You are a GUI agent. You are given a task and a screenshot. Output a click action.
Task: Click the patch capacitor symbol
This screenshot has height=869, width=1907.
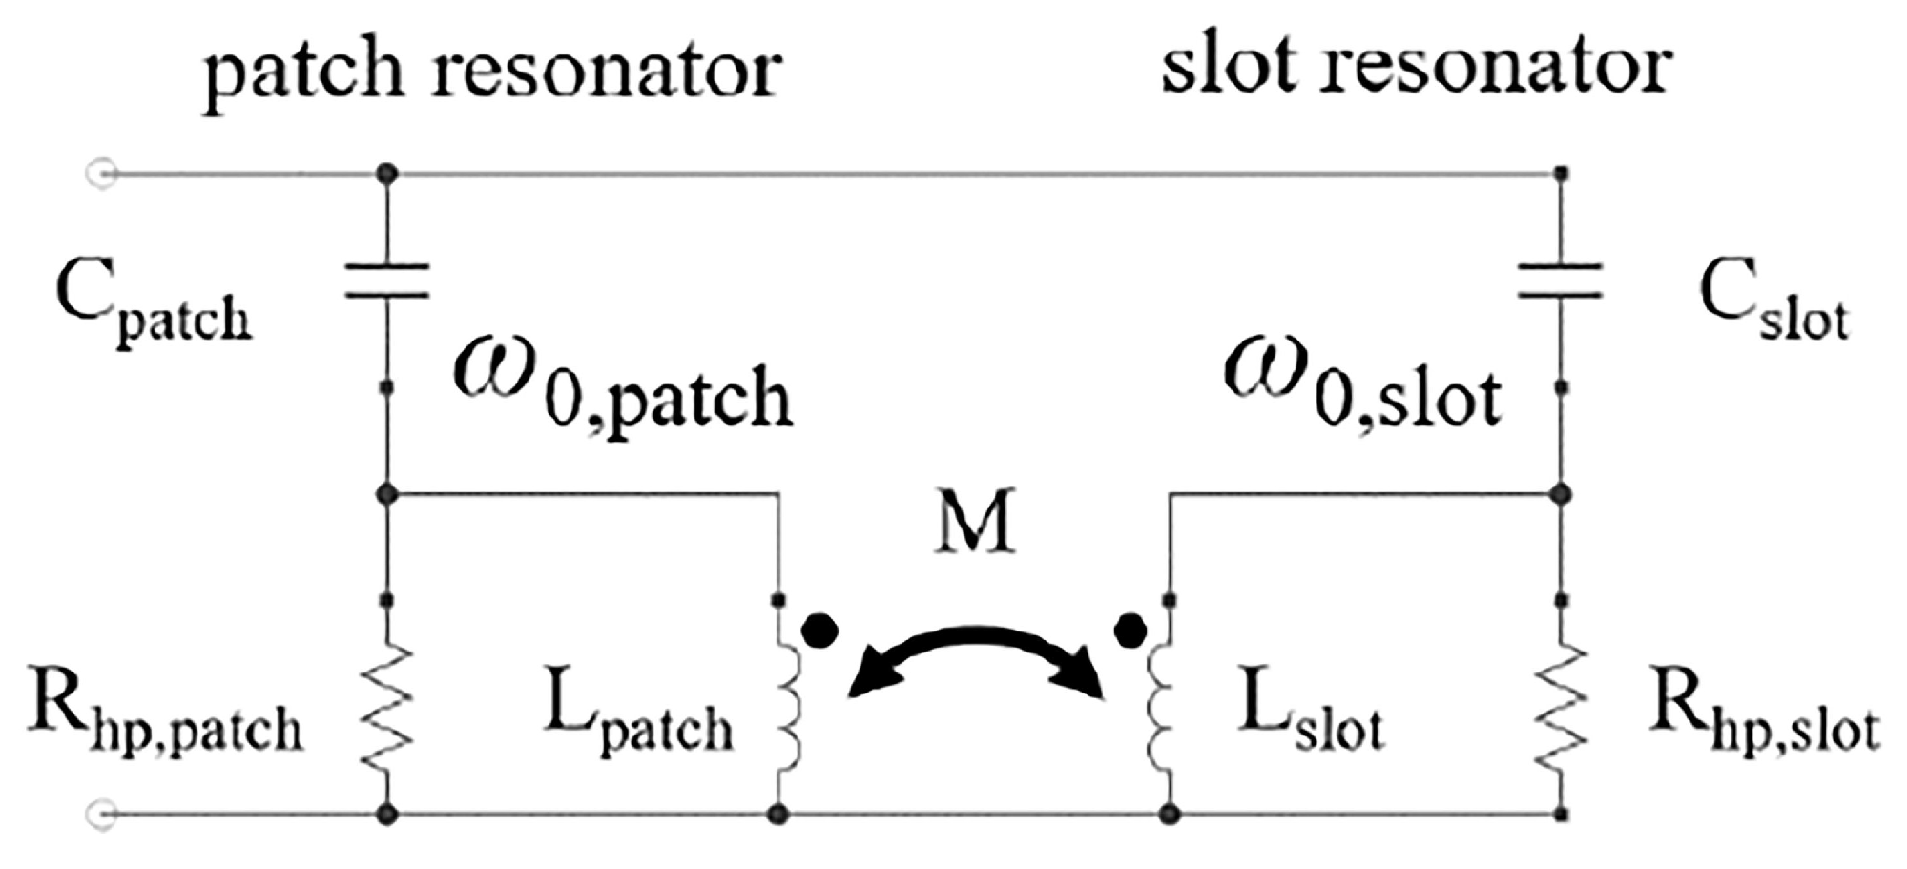click(386, 281)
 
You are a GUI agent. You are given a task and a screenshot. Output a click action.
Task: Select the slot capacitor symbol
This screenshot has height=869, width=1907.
click(1561, 281)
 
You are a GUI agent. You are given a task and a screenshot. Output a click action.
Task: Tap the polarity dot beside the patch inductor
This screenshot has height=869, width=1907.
click(820, 631)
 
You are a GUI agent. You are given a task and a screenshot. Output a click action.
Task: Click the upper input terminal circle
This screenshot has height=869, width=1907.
click(102, 174)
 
